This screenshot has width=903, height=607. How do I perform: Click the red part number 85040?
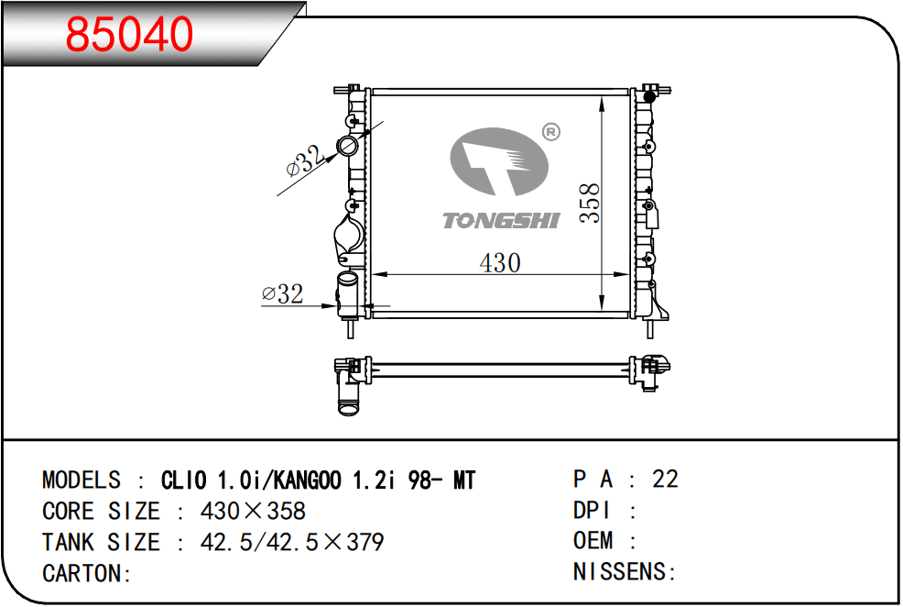pyautogui.click(x=129, y=34)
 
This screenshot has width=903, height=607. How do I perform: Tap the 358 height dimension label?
pyautogui.click(x=590, y=203)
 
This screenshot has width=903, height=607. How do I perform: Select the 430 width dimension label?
pyautogui.click(x=500, y=263)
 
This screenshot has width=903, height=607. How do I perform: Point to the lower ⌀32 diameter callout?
pyautogui.click(x=282, y=294)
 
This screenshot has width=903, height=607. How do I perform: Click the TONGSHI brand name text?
pyautogui.click(x=500, y=221)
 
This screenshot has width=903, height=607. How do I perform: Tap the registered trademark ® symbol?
pyautogui.click(x=551, y=132)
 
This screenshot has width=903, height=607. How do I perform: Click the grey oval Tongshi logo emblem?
pyautogui.click(x=499, y=161)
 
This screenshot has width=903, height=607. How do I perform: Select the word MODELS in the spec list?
pyautogui.click(x=82, y=480)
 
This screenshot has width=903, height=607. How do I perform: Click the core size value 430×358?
pyautogui.click(x=253, y=511)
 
